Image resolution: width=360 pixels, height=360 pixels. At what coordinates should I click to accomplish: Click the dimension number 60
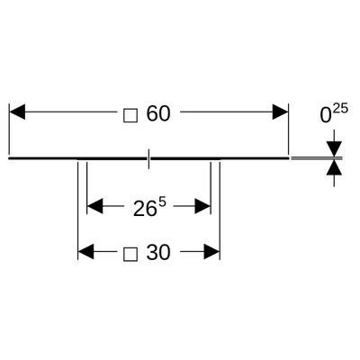(158, 114)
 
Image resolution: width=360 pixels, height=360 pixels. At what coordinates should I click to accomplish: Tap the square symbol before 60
(130, 115)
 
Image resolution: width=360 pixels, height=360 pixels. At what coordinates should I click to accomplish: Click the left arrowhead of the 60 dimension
(17, 112)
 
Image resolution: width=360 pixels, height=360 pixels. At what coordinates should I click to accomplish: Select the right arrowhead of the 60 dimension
(280, 112)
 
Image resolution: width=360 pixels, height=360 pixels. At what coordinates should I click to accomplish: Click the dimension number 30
(158, 252)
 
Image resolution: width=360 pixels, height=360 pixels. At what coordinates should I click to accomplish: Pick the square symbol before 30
(130, 254)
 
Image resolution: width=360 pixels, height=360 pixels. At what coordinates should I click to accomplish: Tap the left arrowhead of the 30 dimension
(85, 251)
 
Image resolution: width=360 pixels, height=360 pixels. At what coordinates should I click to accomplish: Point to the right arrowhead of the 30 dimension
(211, 251)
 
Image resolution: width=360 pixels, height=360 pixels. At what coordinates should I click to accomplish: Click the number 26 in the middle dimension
(145, 209)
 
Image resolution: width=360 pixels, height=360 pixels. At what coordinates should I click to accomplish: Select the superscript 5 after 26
(162, 202)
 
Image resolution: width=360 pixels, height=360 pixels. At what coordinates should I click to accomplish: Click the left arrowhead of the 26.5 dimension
(94, 206)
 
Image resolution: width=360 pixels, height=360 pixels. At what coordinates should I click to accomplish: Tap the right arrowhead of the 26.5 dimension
(202, 206)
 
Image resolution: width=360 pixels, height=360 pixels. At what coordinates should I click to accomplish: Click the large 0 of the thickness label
(326, 116)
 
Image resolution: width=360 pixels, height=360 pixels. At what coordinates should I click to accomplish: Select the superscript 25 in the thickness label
(340, 108)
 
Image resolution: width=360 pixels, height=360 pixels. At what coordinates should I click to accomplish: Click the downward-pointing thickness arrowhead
(334, 148)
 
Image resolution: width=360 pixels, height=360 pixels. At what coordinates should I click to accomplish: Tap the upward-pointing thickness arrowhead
(334, 167)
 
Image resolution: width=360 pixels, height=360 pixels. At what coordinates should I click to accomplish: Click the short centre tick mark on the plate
(148, 158)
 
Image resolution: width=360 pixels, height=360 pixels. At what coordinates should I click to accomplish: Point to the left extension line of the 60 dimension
(10, 130)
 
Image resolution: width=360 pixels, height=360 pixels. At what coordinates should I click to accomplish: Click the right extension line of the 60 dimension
(288, 130)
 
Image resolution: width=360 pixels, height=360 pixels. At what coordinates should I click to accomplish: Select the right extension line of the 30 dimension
(220, 211)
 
